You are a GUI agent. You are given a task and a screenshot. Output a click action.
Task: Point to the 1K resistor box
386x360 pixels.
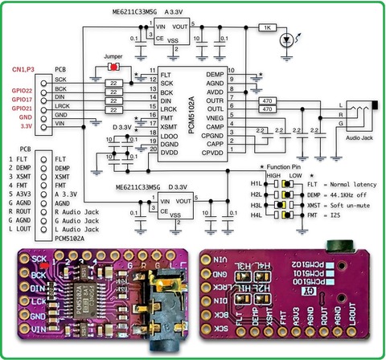(x=266, y=27)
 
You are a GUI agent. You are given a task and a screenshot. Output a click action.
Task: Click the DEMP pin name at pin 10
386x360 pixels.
(x=216, y=73)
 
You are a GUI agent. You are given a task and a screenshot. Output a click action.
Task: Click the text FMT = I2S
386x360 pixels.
(x=327, y=215)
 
